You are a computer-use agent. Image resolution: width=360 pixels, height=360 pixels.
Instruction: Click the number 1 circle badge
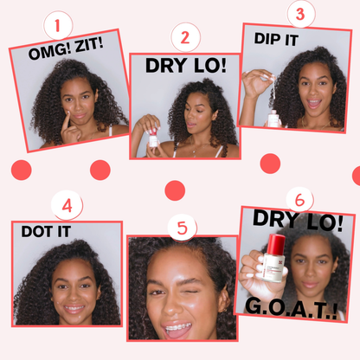click(58, 25)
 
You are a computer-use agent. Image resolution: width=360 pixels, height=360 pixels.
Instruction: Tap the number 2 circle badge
click(185, 37)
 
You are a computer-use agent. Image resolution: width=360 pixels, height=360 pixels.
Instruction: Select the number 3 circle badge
click(301, 14)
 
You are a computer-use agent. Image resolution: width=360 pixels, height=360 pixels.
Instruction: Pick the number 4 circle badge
click(67, 206)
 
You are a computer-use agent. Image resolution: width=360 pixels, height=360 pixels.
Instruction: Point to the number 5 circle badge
click(183, 228)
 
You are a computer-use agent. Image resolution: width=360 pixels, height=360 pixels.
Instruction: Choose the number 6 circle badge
click(299, 200)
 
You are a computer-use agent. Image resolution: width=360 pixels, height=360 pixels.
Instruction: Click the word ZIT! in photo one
click(89, 46)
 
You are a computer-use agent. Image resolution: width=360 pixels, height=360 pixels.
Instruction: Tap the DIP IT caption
click(276, 39)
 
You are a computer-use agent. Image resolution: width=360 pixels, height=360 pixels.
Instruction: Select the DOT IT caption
click(46, 231)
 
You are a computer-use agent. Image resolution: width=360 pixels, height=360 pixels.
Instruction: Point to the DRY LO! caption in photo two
click(186, 66)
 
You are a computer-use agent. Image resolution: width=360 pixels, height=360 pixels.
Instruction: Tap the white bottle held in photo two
click(153, 138)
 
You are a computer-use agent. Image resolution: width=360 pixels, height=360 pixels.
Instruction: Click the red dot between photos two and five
click(175, 190)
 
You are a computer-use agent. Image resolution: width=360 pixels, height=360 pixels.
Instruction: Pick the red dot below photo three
click(270, 164)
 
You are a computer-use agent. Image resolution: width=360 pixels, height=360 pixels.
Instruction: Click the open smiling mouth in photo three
click(314, 103)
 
